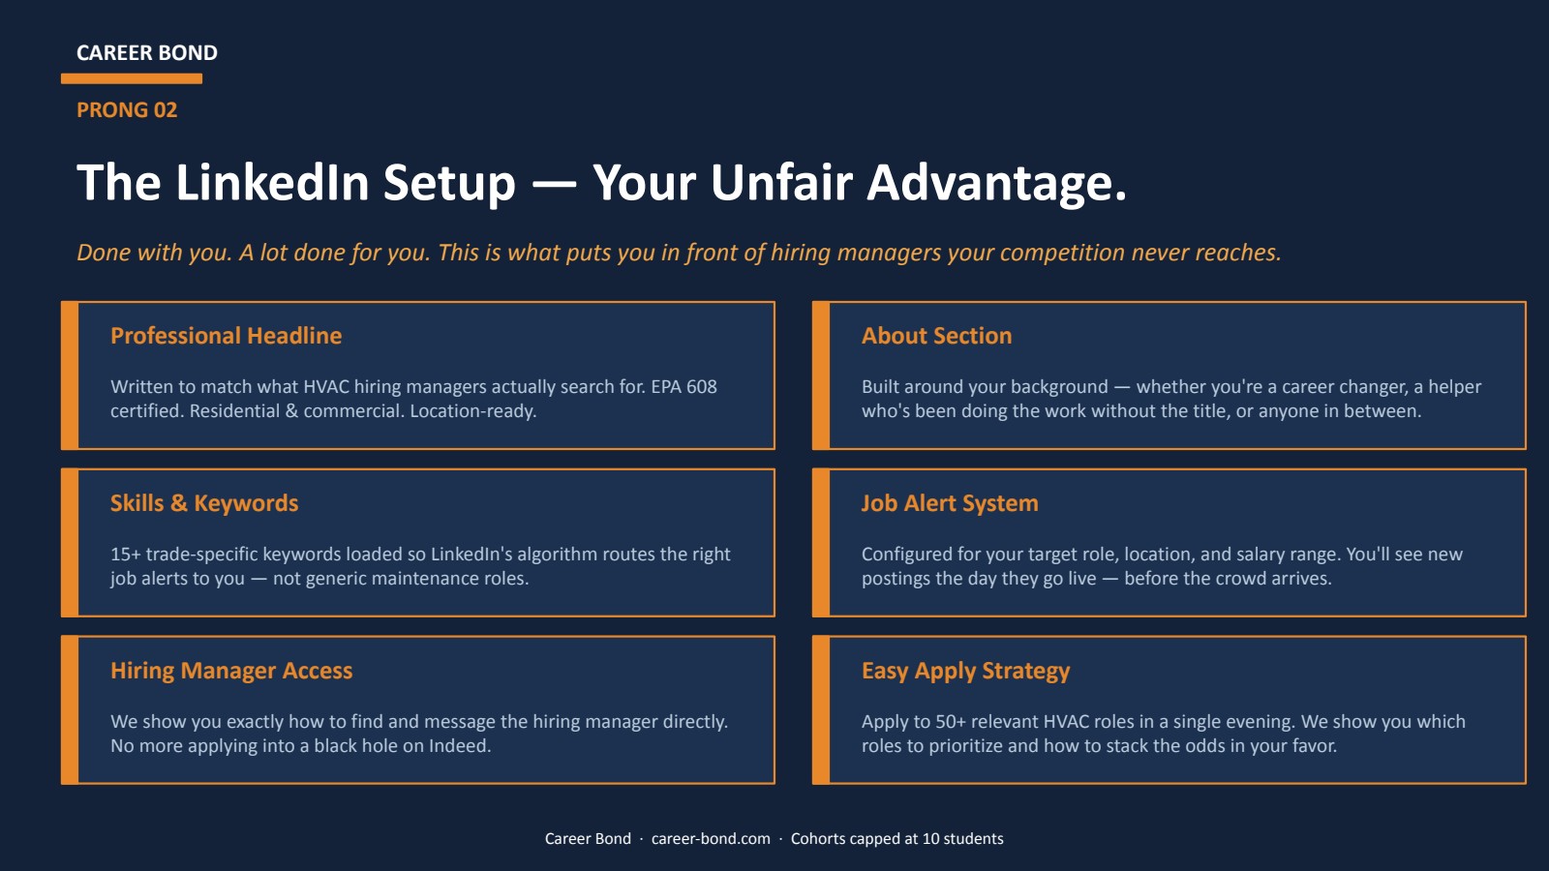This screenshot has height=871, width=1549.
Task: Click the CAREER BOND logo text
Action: click(x=147, y=53)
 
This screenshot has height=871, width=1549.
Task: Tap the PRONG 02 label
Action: click(x=127, y=110)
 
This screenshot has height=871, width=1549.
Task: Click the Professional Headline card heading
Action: click(x=226, y=336)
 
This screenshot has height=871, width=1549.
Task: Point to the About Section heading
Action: click(x=936, y=336)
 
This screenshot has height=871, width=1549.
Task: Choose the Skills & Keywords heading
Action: click(x=204, y=503)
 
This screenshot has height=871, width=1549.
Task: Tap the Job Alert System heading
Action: click(x=950, y=503)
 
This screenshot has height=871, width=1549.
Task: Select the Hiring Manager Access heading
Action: click(x=231, y=671)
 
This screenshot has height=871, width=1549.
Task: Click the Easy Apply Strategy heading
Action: click(x=965, y=671)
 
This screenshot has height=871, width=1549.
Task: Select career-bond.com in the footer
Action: click(x=711, y=839)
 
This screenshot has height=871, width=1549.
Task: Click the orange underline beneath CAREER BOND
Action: click(x=132, y=78)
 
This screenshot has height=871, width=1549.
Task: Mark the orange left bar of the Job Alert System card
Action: click(x=821, y=543)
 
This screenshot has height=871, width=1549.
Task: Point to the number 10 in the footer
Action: click(x=930, y=839)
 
